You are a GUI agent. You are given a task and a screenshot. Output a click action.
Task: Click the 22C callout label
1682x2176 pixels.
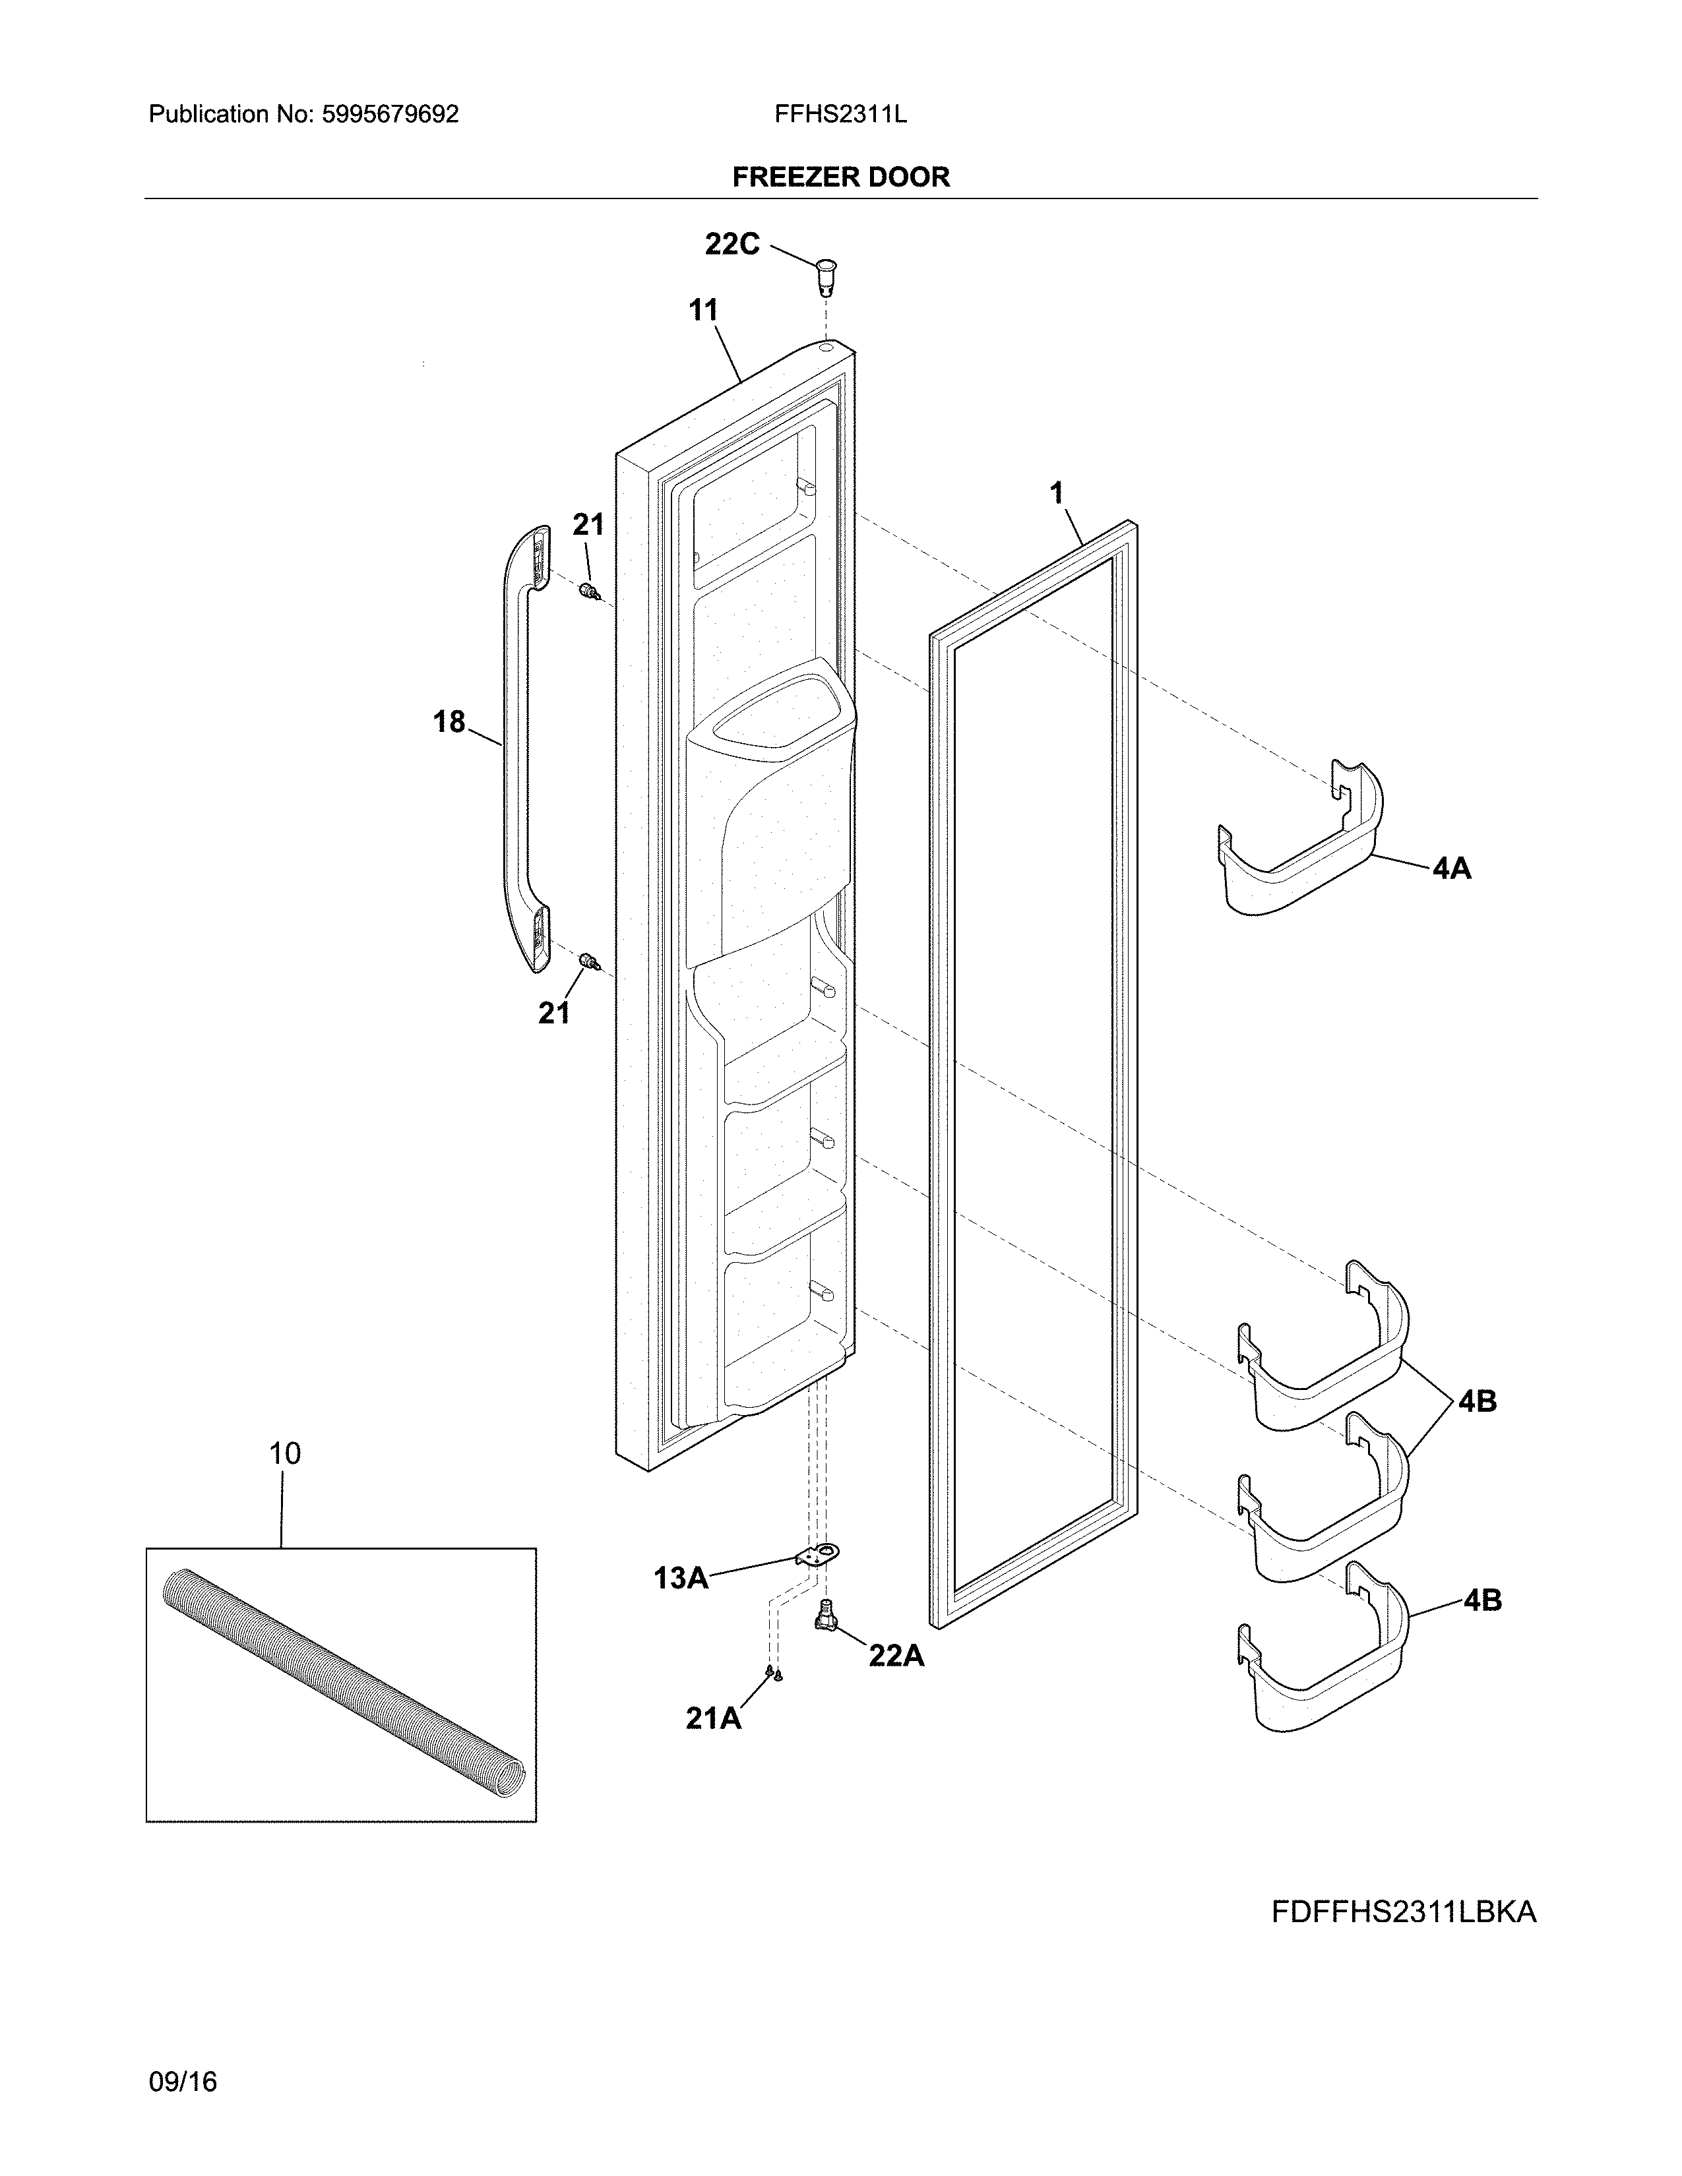(732, 244)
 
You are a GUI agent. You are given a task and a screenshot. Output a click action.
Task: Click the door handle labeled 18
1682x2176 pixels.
(518, 747)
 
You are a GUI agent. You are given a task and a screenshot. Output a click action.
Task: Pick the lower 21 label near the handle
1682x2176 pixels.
(554, 1013)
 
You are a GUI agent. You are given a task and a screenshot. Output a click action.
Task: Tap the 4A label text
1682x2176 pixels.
(1452, 869)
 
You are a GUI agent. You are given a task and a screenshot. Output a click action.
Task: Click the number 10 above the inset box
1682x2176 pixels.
(285, 1454)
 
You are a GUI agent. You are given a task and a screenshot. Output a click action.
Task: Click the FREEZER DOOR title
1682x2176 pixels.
(841, 177)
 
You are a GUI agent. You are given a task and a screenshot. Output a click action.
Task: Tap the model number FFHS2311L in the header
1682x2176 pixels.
(840, 115)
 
